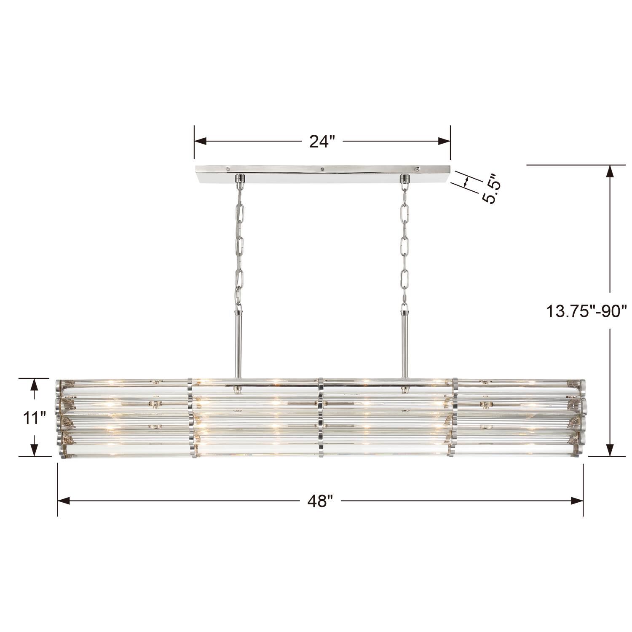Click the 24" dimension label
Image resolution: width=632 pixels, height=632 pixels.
322,142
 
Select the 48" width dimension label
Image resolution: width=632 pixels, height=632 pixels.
320,501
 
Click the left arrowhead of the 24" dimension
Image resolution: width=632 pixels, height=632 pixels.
200,142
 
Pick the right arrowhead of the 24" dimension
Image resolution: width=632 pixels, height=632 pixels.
445,142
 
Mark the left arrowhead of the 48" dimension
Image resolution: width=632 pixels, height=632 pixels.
63,501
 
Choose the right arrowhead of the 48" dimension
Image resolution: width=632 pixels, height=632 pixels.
578,501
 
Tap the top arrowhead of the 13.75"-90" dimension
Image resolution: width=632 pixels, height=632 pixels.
609,171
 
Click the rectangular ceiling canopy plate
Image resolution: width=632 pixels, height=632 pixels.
322,174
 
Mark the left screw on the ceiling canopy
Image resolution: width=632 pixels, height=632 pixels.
227,168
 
